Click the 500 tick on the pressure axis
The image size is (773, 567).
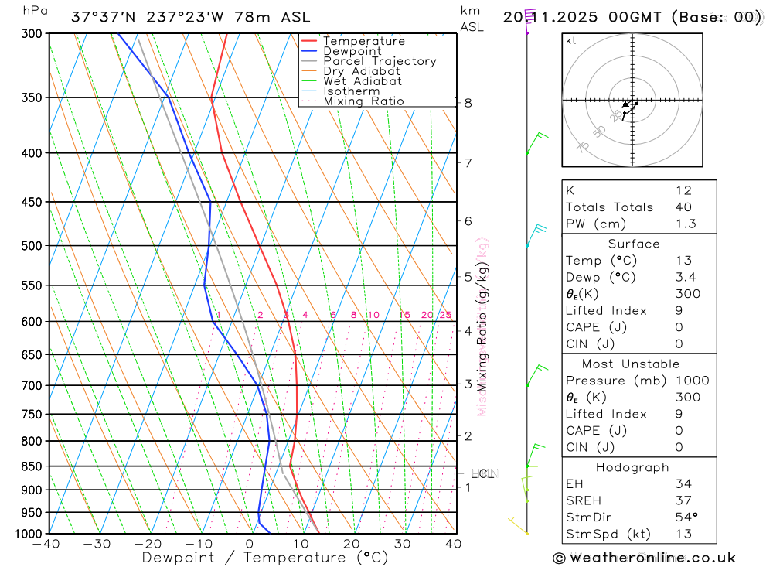pos(32,246)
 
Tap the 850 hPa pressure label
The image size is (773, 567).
pos(32,466)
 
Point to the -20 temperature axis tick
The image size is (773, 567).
pos(148,544)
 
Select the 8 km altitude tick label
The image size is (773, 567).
pos(468,103)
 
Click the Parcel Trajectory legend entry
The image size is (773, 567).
pos(380,61)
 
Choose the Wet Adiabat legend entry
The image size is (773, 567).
pos(363,81)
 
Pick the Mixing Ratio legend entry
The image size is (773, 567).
pos(363,101)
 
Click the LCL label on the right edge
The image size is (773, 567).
pos(482,473)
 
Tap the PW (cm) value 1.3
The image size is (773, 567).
pos(685,224)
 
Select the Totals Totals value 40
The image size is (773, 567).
pos(683,207)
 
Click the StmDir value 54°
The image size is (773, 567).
pos(686,517)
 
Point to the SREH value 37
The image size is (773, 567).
pos(683,500)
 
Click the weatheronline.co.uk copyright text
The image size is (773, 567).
pos(644,558)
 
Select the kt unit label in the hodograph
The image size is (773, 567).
pos(571,41)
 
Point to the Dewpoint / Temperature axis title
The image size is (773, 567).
pos(265,557)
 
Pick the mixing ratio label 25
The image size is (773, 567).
pos(445,315)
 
